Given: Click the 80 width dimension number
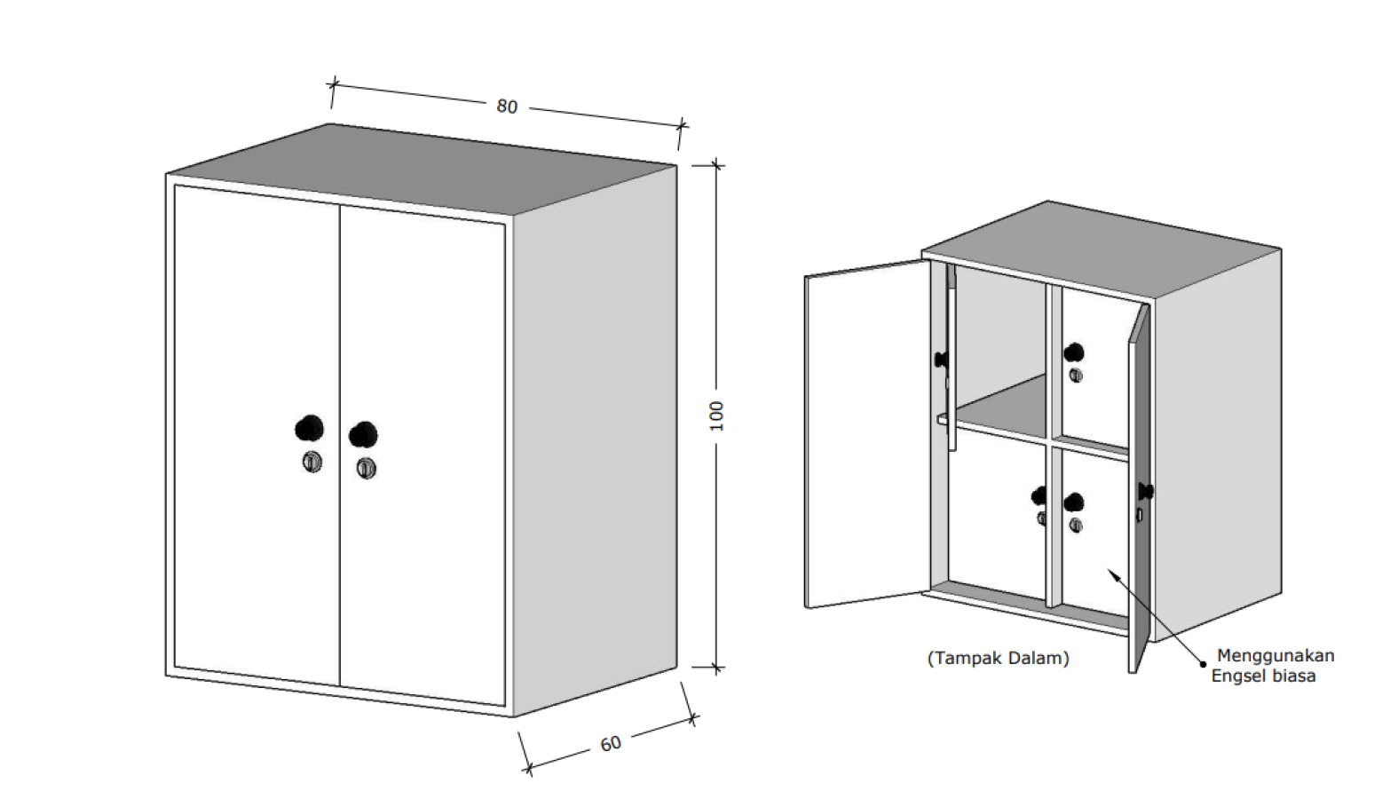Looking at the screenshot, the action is click(x=507, y=107).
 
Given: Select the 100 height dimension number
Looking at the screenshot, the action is click(x=716, y=415).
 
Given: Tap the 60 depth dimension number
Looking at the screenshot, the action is click(x=611, y=744).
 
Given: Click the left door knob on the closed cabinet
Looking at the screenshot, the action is click(x=309, y=428).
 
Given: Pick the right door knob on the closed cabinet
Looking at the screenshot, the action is click(x=363, y=435).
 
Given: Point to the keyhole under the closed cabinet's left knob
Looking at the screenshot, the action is click(x=312, y=462).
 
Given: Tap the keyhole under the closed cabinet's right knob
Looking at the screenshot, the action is click(x=367, y=468).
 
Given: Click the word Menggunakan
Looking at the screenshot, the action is click(x=1275, y=656).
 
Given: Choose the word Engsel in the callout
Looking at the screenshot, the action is click(x=1237, y=676).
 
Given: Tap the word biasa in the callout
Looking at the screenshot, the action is click(x=1292, y=676).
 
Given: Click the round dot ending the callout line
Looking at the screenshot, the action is click(x=1203, y=664).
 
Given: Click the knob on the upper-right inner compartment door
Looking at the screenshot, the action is click(x=1073, y=353).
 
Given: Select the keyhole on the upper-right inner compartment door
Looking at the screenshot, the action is click(x=1076, y=376).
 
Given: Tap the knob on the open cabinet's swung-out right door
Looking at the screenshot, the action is click(x=1146, y=491).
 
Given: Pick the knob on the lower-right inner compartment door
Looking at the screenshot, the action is click(x=1073, y=502).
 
